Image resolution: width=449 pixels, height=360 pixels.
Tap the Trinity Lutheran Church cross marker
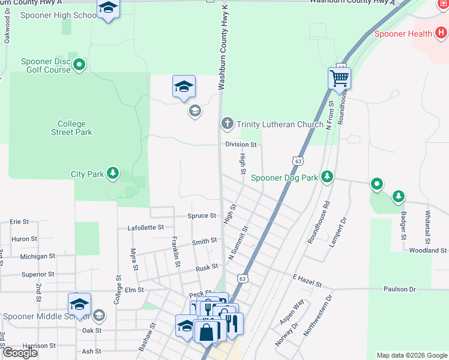[x=227, y=124]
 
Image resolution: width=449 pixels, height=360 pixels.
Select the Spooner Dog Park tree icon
[x=327, y=177]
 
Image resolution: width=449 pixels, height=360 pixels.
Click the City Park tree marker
[x=112, y=174]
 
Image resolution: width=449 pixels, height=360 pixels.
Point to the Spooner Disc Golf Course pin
[x=79, y=65]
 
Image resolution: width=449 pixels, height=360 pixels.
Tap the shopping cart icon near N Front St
[x=339, y=78]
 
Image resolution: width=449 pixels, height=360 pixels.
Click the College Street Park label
[x=71, y=128]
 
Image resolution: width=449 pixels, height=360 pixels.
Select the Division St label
[x=241, y=145]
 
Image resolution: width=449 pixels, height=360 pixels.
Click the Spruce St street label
[x=202, y=215]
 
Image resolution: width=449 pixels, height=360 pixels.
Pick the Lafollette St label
[x=146, y=228]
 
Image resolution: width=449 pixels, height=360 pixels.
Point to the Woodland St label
[x=428, y=250]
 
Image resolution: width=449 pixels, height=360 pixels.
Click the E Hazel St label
[x=307, y=280]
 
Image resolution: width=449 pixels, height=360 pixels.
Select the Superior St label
[x=38, y=274]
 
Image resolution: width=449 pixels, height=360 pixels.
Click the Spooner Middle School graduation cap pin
[x=79, y=305]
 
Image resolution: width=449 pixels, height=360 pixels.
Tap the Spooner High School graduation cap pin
[x=108, y=8]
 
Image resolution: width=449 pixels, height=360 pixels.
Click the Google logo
[x=20, y=352]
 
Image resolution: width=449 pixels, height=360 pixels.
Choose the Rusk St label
[x=206, y=268]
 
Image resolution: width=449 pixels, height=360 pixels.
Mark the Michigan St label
[x=37, y=256]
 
